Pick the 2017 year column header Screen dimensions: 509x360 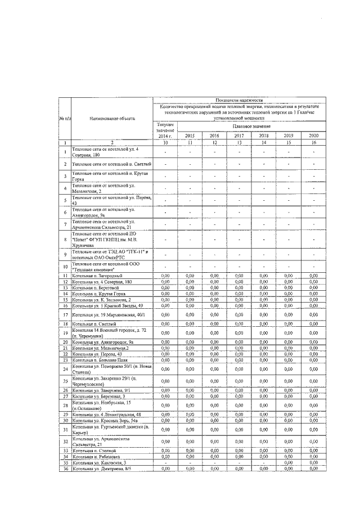pos(238,136)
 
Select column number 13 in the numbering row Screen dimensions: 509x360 pos(238,143)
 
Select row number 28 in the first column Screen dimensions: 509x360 pos(65,405)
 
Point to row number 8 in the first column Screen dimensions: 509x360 pos(65,238)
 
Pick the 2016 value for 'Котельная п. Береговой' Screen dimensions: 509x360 pos(214,287)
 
